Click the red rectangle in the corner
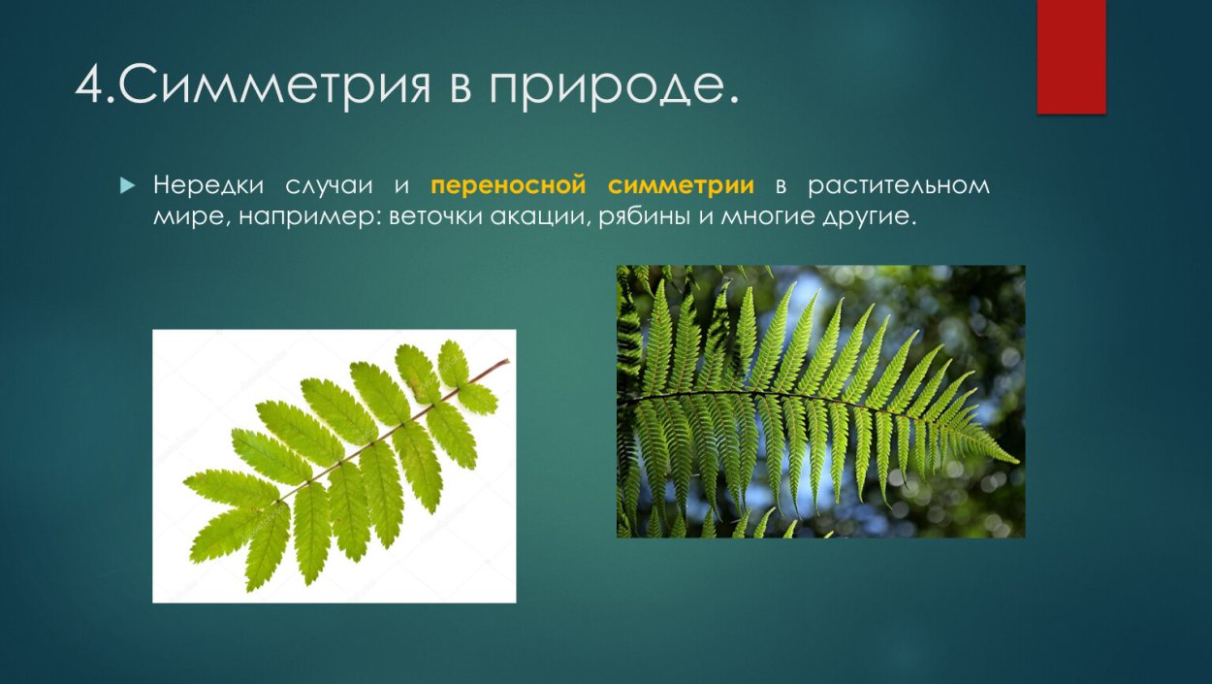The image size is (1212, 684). pos(1071,56)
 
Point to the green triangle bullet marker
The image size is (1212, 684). pos(126,184)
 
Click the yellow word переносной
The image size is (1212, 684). pos(509,185)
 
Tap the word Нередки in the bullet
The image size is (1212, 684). pos(204,185)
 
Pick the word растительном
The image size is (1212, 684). pos(899,185)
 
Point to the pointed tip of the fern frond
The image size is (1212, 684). pos(1013,460)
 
